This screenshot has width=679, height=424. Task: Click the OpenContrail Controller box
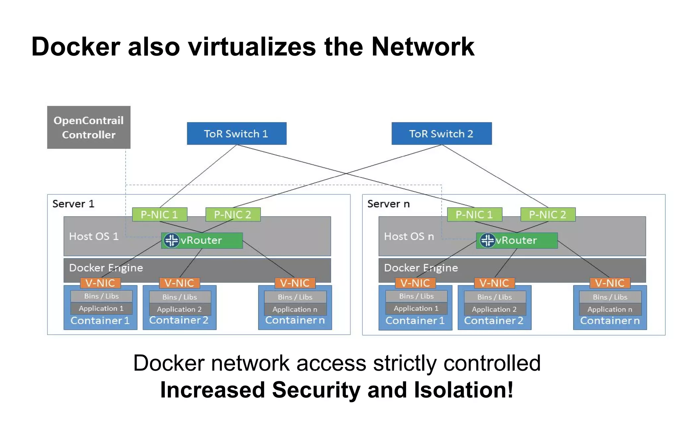89,127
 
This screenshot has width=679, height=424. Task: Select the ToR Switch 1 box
236,133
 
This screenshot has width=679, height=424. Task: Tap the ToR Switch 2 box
441,133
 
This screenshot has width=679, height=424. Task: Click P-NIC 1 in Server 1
159,215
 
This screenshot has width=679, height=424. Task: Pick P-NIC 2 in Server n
548,215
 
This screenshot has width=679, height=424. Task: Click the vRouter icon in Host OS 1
171,240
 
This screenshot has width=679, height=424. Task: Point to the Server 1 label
73,204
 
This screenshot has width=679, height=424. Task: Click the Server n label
388,204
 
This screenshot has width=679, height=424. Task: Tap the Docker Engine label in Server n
421,268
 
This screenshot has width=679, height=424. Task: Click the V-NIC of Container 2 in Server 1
179,283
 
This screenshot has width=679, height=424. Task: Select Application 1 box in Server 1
101,308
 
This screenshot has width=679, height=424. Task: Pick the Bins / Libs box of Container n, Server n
610,297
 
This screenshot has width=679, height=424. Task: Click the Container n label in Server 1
295,320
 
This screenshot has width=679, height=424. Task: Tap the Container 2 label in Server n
494,321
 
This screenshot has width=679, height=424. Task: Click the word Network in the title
423,47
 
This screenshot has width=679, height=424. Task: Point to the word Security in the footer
316,390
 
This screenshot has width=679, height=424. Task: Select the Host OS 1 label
93,237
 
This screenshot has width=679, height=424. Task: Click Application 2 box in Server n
494,309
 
